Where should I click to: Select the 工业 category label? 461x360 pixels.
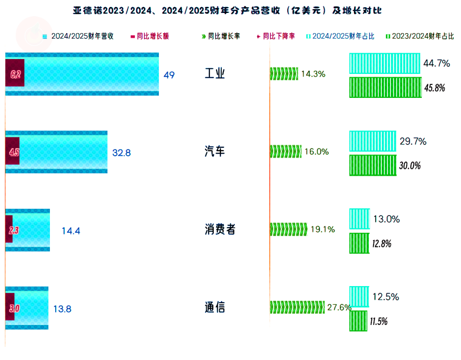point(215,74)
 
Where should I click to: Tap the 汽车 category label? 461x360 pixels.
point(215,152)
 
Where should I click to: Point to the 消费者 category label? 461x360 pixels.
point(220,229)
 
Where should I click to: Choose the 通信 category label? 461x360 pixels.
point(215,307)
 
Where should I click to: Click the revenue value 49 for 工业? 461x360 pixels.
point(169,75)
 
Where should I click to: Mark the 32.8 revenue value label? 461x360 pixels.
point(121,153)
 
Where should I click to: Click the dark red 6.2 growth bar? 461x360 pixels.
point(14,74)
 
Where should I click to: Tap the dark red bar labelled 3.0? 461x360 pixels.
point(10,308)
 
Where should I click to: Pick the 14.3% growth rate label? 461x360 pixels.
point(313,74)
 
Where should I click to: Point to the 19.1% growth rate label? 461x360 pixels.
point(323,229)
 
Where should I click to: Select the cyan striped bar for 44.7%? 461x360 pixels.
point(385,63)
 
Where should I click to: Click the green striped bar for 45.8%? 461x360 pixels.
point(385,87)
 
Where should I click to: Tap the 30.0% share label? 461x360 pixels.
point(410,166)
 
